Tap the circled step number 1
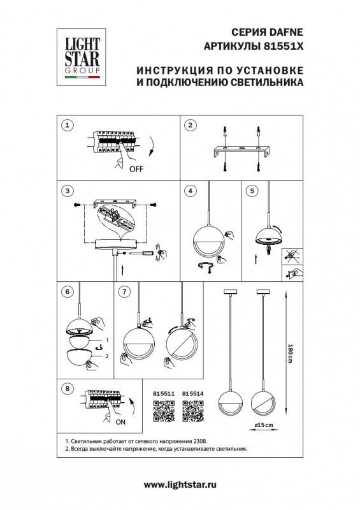[69, 125]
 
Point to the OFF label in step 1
[136, 169]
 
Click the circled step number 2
[189, 125]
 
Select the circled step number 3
[69, 191]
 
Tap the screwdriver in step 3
[141, 254]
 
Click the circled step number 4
[189, 191]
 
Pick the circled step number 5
[252, 191]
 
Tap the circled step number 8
[69, 388]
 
